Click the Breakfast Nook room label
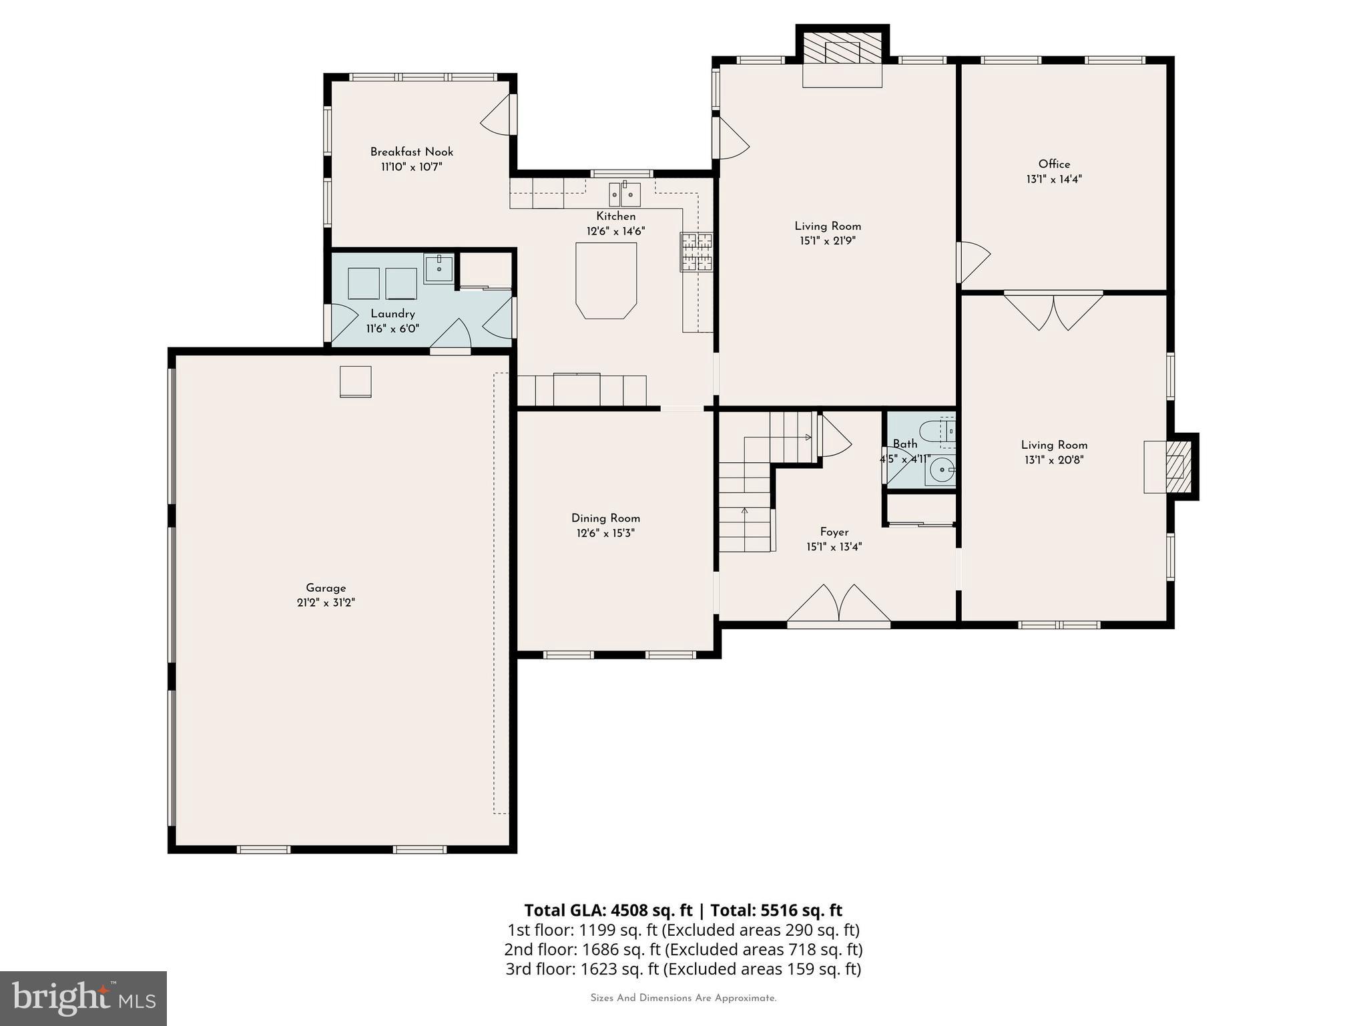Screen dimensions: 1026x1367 click(411, 152)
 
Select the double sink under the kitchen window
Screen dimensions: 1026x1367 click(624, 195)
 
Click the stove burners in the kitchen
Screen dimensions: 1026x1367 click(696, 252)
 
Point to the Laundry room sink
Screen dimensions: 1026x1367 click(439, 269)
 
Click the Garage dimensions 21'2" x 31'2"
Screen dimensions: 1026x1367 click(326, 603)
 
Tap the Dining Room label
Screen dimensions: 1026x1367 click(605, 518)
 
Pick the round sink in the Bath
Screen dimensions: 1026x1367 click(940, 470)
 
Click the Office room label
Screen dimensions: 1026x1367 click(1054, 164)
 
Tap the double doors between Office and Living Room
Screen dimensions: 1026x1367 click(1053, 311)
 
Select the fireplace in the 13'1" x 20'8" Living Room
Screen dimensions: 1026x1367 click(1177, 466)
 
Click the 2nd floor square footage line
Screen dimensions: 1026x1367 click(683, 949)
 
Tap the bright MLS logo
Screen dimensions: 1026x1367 click(83, 999)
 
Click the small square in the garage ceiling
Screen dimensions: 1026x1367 click(355, 382)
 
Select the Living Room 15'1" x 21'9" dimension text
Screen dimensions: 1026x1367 click(828, 241)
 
